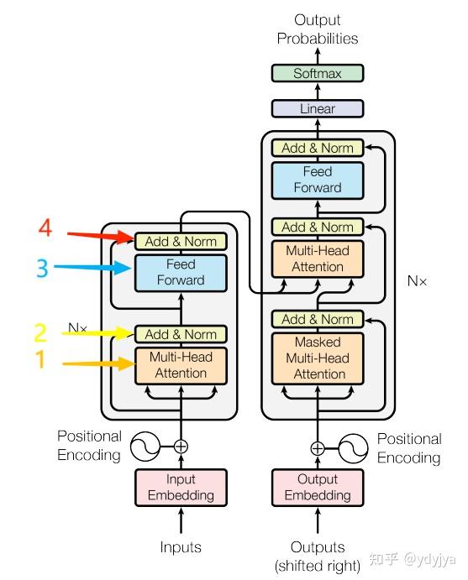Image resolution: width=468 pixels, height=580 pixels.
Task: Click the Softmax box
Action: pos(318,74)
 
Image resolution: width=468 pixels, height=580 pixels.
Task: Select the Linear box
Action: pos(318,108)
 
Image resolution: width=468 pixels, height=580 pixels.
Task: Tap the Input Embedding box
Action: pos(181,487)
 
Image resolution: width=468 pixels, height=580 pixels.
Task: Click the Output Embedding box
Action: pos(318,487)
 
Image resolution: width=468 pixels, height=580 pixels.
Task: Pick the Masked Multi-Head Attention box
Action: pos(318,358)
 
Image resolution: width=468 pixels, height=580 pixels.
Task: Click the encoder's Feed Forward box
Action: pos(181,272)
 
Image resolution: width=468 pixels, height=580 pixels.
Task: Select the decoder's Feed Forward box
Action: pos(318,179)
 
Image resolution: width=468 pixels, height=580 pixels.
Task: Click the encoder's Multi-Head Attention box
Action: pos(181,365)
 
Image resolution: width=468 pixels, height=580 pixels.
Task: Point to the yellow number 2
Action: pos(39,333)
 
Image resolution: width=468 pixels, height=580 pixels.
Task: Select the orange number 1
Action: pos(38,363)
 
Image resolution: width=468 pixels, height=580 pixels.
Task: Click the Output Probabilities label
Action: pos(318,29)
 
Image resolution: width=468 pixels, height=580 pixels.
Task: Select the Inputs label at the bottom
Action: pos(181,547)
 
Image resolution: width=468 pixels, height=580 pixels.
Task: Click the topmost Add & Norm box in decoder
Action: pos(318,148)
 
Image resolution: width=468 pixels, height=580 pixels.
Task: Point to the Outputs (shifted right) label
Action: pos(318,556)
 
